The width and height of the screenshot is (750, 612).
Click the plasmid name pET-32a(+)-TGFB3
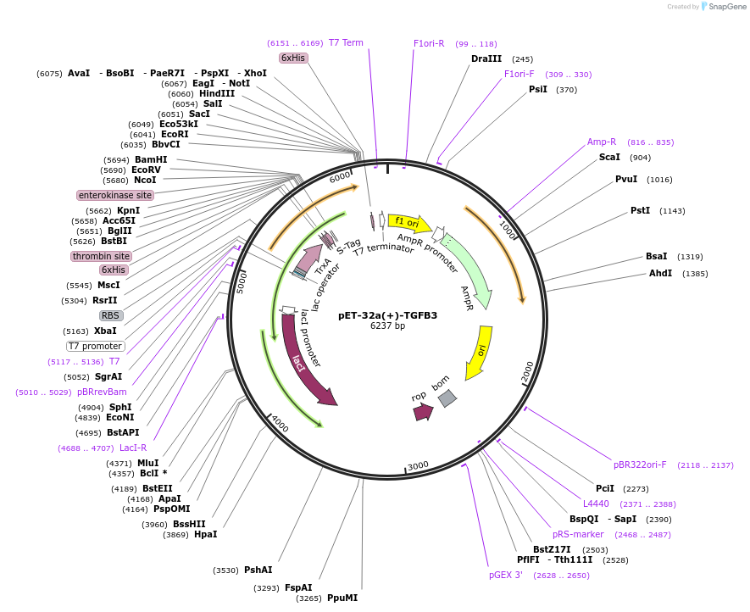coord(387,315)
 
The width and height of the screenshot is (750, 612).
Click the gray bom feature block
coord(447,397)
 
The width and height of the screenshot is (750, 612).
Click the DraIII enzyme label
coord(486,59)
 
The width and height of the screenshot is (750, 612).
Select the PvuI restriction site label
coord(626,179)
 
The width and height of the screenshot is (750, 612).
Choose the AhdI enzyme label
coord(660,273)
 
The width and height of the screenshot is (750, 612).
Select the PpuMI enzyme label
coord(342,598)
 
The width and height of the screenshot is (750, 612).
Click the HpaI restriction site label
coord(206,534)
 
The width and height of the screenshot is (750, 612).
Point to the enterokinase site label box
coord(115,195)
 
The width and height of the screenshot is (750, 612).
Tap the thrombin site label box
coord(101,256)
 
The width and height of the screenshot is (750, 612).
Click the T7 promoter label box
coord(96,346)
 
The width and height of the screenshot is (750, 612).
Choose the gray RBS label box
coord(111,315)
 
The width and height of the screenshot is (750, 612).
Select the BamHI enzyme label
coord(151,159)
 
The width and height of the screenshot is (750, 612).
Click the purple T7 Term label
coord(346,42)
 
